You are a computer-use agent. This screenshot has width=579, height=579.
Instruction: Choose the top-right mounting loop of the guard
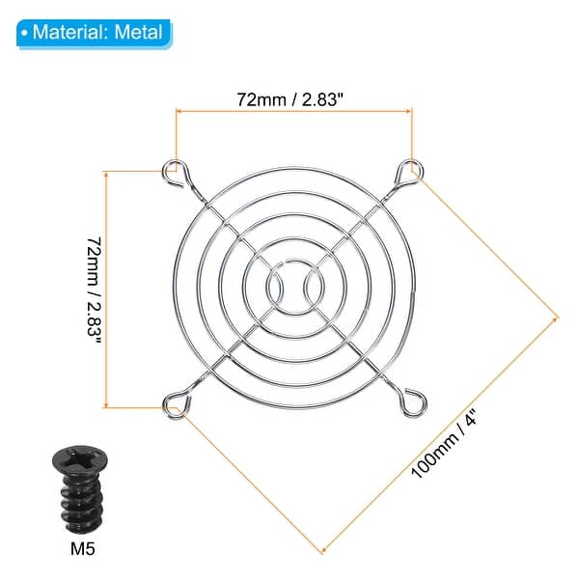(x=408, y=171)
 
